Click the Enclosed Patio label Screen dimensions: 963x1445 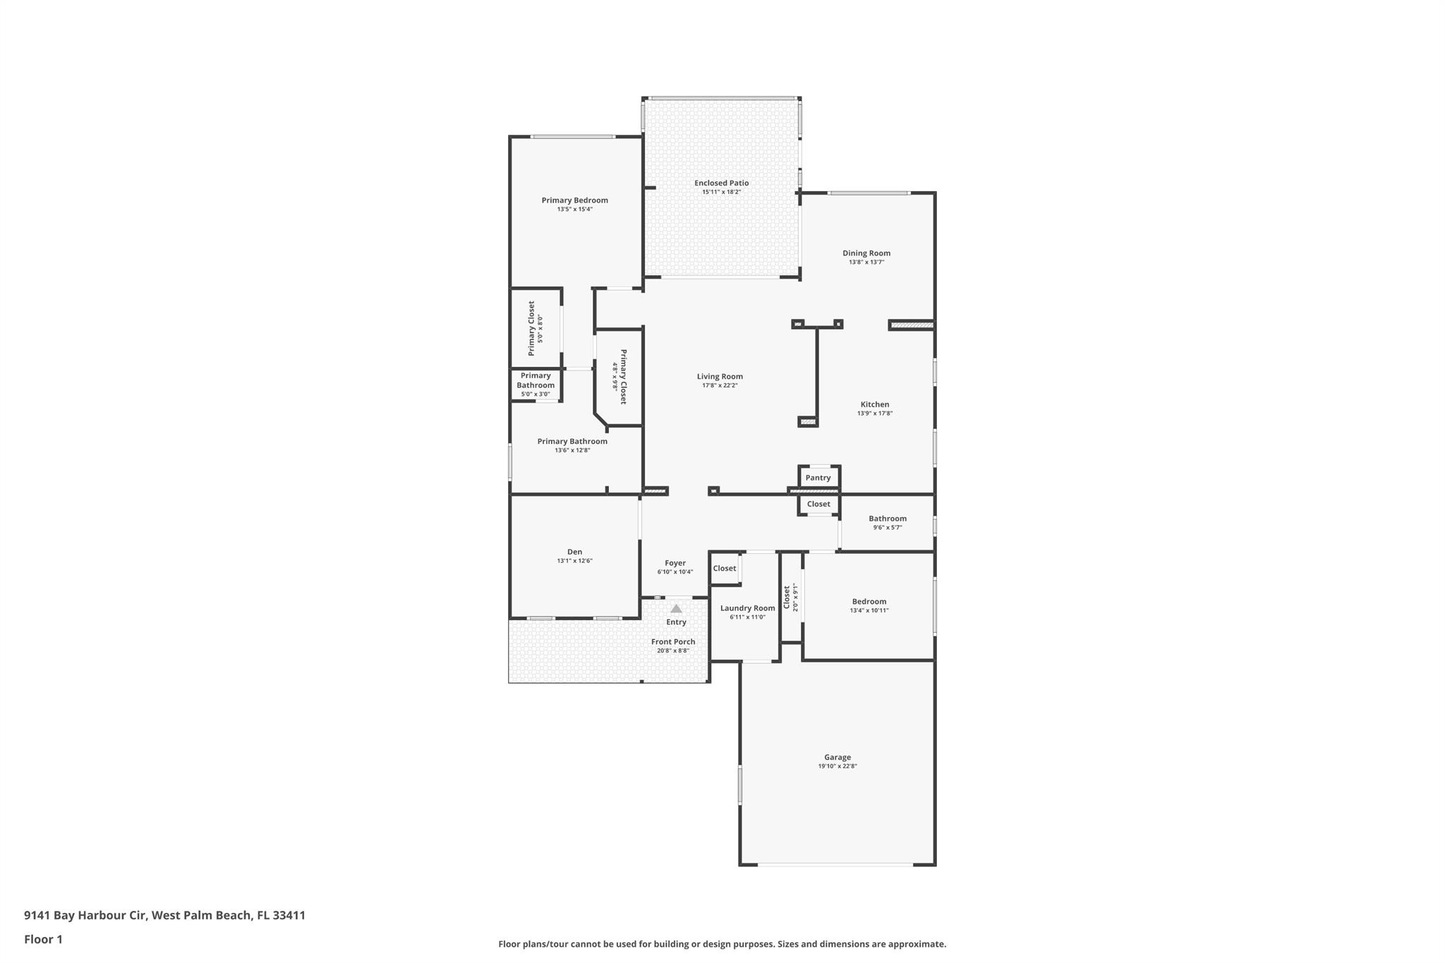point(721,183)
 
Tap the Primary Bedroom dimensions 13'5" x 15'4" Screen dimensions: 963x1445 point(574,210)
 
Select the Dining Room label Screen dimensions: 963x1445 point(866,253)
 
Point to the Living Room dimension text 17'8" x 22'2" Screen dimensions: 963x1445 point(720,386)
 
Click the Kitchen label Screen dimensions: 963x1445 point(874,404)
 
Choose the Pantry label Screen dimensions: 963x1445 point(818,478)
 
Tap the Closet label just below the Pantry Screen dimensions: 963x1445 point(818,504)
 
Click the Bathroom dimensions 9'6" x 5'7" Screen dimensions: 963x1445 point(887,528)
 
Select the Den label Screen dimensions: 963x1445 point(574,552)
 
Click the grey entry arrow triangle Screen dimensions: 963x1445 point(676,609)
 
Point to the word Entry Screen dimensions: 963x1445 point(676,622)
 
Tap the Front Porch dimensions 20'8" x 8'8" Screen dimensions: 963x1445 point(672,650)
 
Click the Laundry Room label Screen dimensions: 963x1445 point(747,608)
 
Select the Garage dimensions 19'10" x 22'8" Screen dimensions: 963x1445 point(837,766)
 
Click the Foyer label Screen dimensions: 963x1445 point(675,563)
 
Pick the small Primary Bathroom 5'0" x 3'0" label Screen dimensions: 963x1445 point(536,384)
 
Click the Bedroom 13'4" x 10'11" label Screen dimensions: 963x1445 point(869,602)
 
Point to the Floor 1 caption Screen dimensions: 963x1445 point(43,940)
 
